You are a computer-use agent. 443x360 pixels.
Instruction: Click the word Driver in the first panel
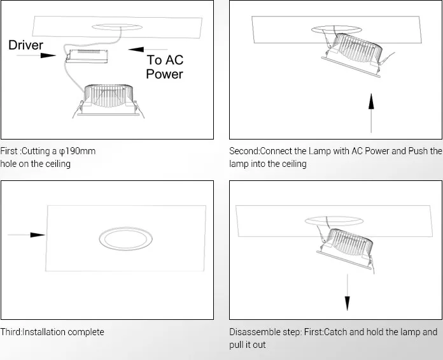25,45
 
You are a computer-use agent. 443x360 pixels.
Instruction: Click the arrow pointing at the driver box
36,55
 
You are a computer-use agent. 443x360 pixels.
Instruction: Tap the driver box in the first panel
87,56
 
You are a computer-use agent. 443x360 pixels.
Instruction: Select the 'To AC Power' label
165,67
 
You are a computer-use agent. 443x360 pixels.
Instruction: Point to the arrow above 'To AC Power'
148,50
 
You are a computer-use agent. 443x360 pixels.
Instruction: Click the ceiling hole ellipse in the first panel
116,27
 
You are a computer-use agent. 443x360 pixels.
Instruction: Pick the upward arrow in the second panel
371,113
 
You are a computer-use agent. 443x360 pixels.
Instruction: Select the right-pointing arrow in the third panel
26,234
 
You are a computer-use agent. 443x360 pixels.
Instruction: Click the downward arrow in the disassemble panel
348,292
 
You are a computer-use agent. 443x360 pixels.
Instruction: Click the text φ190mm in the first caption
77,151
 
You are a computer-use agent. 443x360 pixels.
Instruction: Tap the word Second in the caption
244,151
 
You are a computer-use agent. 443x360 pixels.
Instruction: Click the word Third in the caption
11,332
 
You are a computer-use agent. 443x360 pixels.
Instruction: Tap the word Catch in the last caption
335,332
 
